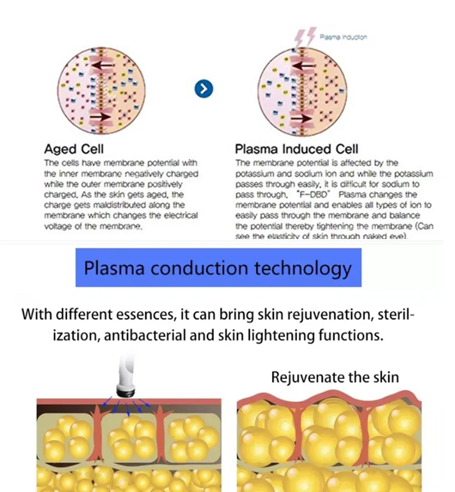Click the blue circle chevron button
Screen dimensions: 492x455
[204, 89]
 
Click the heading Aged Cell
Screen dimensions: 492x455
[74, 149]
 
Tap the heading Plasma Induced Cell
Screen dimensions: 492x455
[297, 149]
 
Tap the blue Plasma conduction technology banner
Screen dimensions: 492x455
[218, 268]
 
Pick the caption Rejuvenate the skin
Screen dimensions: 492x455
[335, 377]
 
